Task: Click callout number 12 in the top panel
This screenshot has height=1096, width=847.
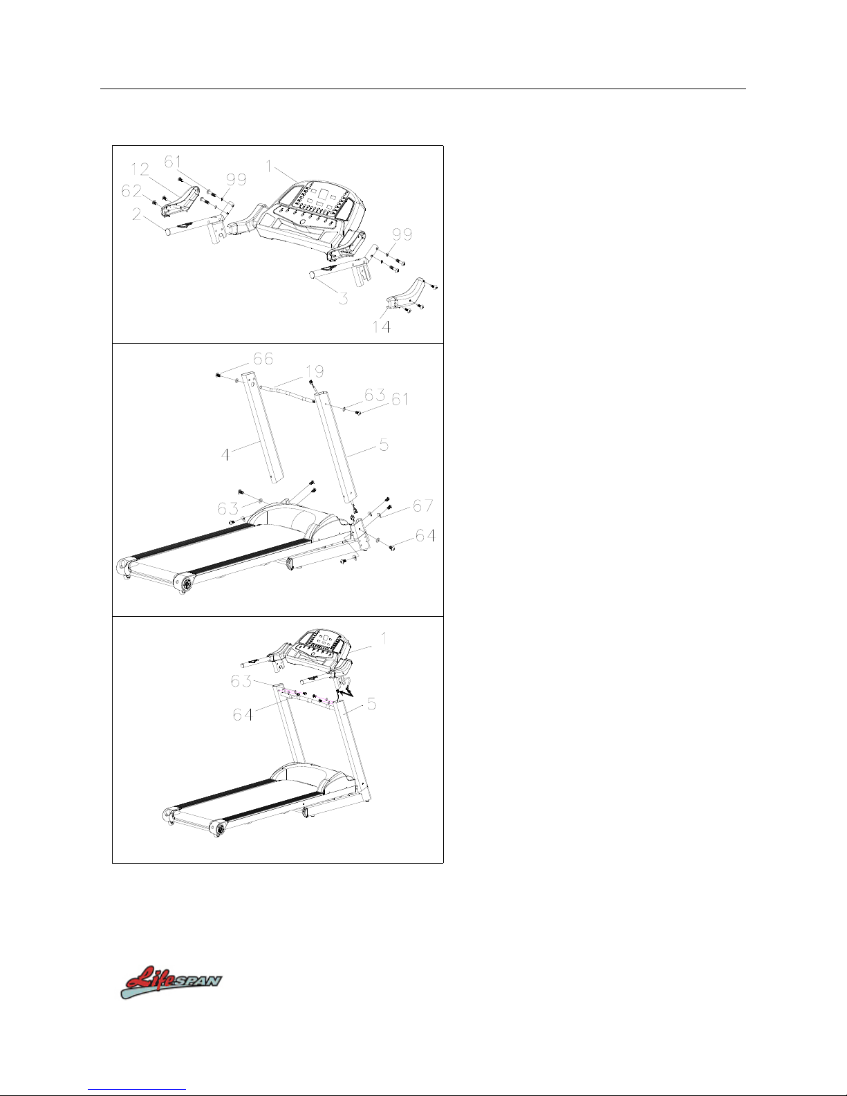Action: point(140,169)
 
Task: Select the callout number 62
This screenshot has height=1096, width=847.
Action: point(131,191)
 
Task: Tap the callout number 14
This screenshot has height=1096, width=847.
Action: point(381,327)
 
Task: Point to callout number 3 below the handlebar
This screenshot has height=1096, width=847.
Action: point(343,298)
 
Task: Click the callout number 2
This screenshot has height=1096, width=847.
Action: point(137,214)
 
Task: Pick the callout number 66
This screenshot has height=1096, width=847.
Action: point(263,359)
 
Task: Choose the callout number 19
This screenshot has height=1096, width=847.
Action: point(315,372)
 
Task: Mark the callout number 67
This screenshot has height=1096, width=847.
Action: point(423,505)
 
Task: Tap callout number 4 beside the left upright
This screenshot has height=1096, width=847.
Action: point(225,455)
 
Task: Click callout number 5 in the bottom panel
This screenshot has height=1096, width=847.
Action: point(371,704)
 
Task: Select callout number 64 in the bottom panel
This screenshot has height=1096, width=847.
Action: point(243,714)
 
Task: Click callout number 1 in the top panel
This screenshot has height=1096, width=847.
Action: point(269,166)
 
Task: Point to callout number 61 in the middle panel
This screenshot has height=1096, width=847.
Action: point(400,400)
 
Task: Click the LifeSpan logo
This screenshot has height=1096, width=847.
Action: point(171,982)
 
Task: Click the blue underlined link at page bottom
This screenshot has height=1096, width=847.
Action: point(137,1089)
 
